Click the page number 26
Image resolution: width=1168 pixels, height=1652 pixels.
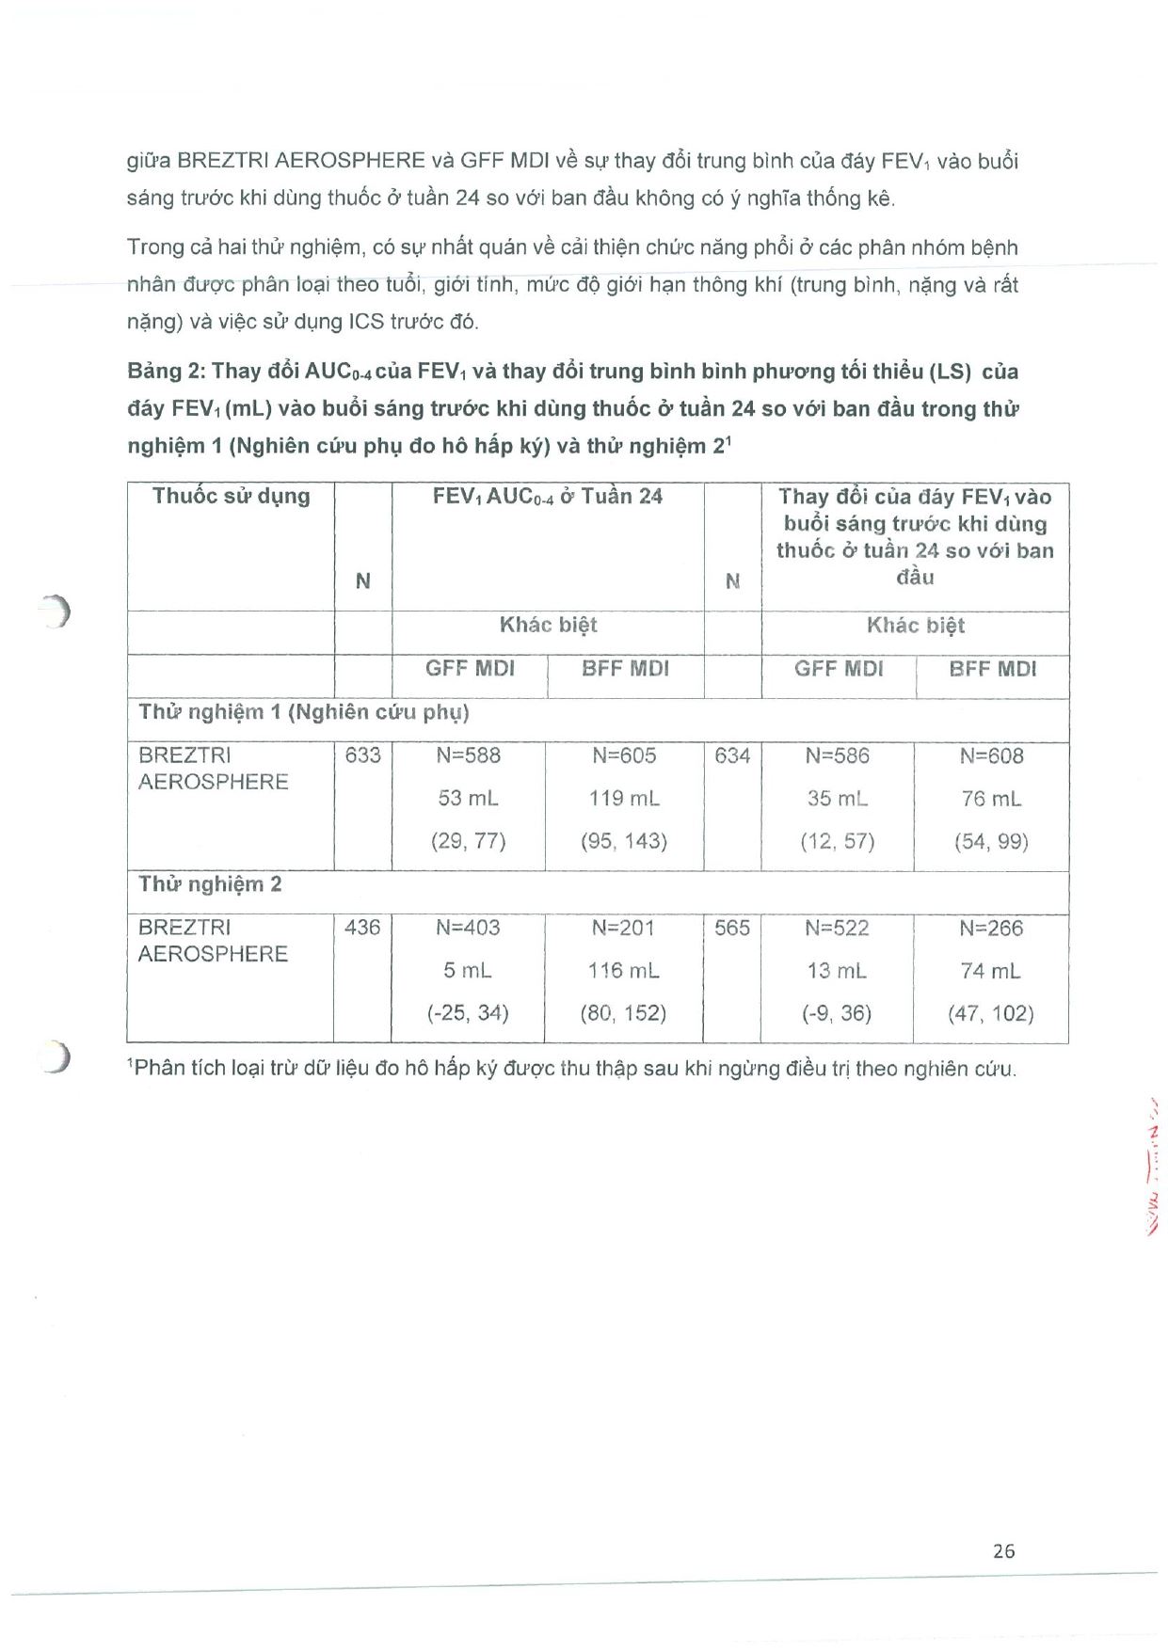pyautogui.click(x=1003, y=1551)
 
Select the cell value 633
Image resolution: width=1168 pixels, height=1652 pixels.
pyautogui.click(x=362, y=755)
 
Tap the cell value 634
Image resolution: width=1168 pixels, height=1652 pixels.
pyautogui.click(x=732, y=755)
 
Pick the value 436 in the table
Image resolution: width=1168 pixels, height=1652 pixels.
pyautogui.click(x=362, y=928)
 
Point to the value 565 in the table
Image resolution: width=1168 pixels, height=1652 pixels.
pyautogui.click(x=732, y=928)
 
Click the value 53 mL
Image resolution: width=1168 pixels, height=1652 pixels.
pyautogui.click(x=468, y=799)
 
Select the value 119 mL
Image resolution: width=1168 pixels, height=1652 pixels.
pyautogui.click(x=624, y=799)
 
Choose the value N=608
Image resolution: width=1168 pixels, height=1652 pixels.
pyautogui.click(x=991, y=755)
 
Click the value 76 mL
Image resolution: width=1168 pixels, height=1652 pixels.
pyautogui.click(x=991, y=799)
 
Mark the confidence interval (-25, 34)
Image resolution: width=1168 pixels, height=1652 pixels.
pyautogui.click(x=468, y=1013)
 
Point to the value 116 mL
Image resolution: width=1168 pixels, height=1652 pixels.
pyautogui.click(x=624, y=970)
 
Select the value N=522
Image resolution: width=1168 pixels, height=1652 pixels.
pyautogui.click(x=837, y=928)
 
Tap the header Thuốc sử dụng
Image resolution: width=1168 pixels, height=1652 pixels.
pyautogui.click(x=231, y=496)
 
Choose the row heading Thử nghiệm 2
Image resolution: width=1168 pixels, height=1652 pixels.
pyautogui.click(x=210, y=884)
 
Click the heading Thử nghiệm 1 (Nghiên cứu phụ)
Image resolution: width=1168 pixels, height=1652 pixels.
pyautogui.click(x=303, y=712)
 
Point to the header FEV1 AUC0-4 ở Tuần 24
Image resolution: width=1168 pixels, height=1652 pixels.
pyautogui.click(x=547, y=497)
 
